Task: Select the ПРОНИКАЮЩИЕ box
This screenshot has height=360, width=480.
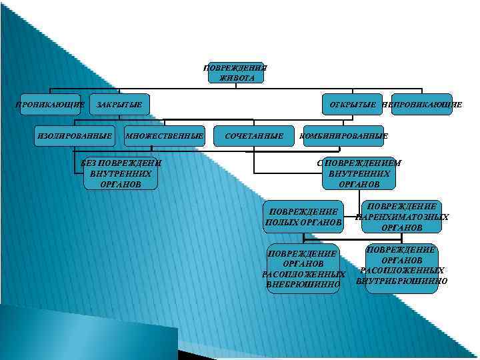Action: tap(50, 105)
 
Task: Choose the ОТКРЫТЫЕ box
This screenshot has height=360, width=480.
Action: tap(351, 105)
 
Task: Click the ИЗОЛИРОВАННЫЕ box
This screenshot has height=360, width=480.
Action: tap(75, 136)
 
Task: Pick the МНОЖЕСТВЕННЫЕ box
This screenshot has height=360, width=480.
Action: tap(164, 136)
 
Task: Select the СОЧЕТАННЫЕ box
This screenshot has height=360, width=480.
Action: tap(255, 136)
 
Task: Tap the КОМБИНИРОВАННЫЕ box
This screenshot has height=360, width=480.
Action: tap(344, 136)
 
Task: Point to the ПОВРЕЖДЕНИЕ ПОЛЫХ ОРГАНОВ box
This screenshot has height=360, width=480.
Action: tap(303, 217)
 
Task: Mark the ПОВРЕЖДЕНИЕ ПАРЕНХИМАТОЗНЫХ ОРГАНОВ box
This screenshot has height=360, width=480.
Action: tap(401, 217)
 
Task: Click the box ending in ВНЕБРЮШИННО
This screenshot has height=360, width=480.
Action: tap(304, 269)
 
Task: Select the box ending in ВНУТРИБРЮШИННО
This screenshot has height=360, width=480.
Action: tap(401, 265)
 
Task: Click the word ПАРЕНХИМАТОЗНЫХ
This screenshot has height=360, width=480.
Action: tap(401, 217)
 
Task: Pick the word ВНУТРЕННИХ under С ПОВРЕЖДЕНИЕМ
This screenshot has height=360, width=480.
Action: tap(359, 173)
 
